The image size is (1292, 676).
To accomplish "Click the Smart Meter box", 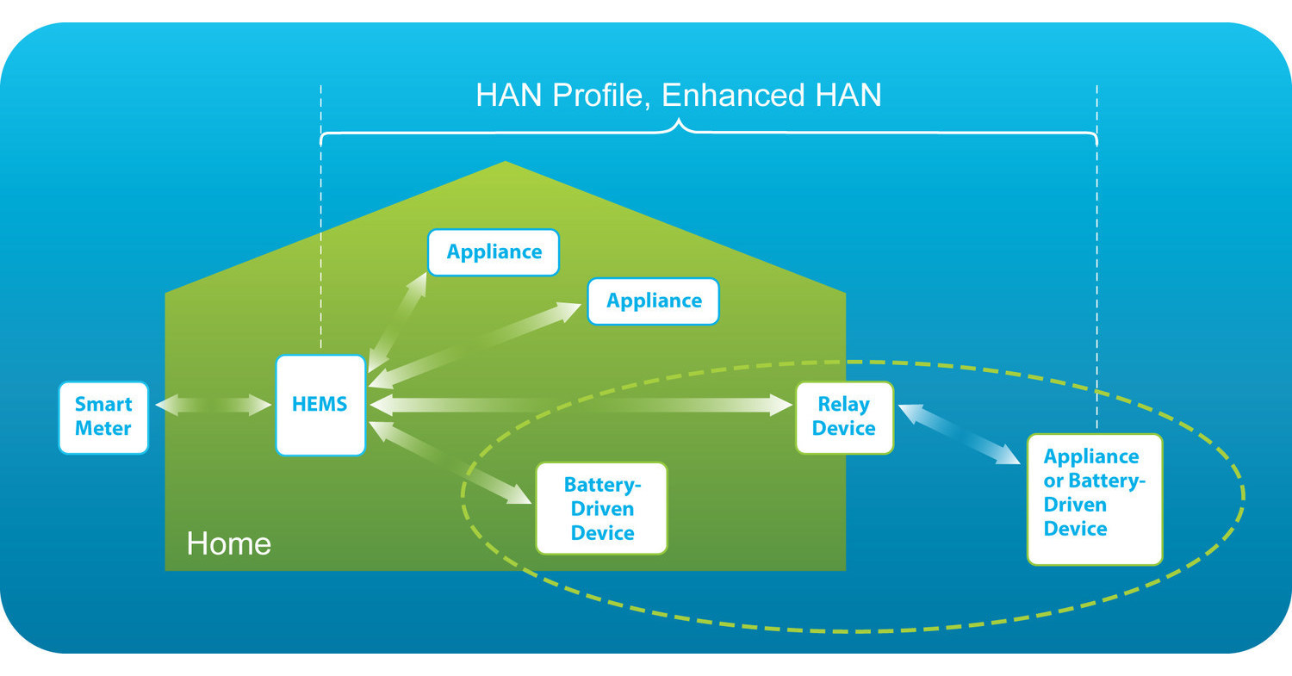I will click(x=103, y=417).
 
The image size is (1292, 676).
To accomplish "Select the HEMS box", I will click(x=320, y=405).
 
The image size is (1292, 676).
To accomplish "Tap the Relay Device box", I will click(x=844, y=417).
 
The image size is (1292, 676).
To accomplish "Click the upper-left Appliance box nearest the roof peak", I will click(x=494, y=252).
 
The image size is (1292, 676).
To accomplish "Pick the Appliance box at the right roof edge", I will click(x=653, y=301).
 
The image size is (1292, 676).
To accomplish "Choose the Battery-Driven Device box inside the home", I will click(x=601, y=508).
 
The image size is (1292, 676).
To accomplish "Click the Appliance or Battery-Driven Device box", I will click(x=1094, y=499).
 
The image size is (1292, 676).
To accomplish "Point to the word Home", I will click(x=228, y=544).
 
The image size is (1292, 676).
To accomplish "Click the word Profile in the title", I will click(x=598, y=95).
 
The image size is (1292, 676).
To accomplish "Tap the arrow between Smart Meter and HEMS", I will click(x=213, y=405).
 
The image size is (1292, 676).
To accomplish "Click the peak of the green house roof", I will click(x=505, y=164).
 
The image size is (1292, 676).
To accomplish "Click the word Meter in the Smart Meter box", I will click(x=103, y=428).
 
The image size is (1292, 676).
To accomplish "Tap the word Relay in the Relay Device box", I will click(x=843, y=405).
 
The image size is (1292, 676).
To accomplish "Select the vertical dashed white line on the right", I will click(x=1096, y=258).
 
